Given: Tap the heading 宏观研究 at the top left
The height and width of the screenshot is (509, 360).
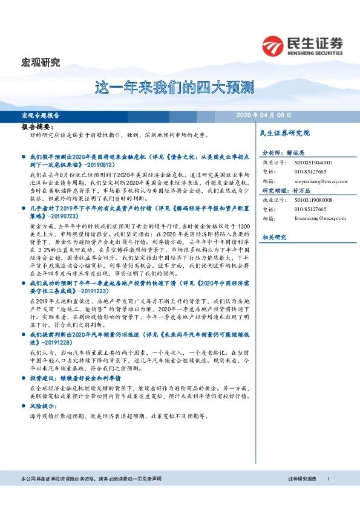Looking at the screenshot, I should point(41,62).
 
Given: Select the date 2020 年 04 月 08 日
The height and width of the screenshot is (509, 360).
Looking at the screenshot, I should point(264,115).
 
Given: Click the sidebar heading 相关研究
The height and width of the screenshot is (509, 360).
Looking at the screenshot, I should point(272,238).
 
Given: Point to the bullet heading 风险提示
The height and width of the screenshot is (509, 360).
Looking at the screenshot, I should point(41,407).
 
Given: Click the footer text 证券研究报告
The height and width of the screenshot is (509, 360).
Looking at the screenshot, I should point(302,478).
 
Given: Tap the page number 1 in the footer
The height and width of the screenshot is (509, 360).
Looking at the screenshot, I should point(328,478).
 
